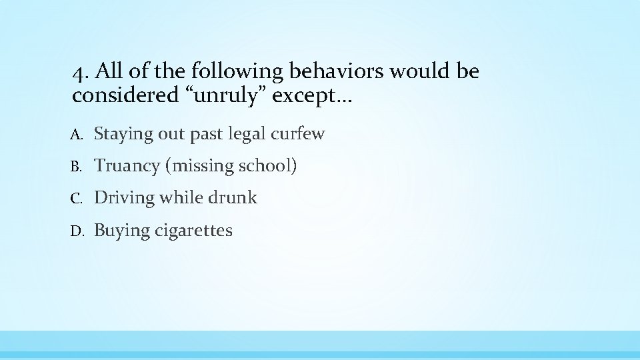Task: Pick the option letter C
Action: click(x=77, y=199)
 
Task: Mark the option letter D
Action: click(x=77, y=231)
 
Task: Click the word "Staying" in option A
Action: click(x=123, y=134)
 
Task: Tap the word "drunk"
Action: click(x=232, y=198)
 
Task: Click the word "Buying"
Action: click(x=121, y=231)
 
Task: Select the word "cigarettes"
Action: click(x=193, y=231)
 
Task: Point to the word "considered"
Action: click(x=123, y=96)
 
